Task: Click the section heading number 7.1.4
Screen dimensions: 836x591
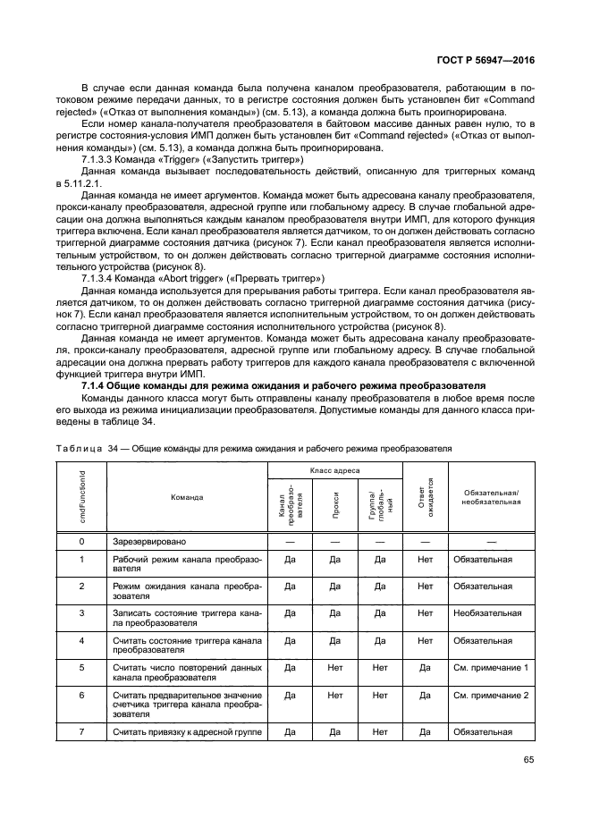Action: [x=98, y=385]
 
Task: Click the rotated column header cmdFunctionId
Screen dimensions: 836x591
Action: [x=82, y=496]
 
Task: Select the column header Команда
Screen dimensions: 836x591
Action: [x=187, y=497]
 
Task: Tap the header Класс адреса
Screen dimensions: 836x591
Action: [x=334, y=469]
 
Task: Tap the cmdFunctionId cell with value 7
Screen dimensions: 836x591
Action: [x=81, y=732]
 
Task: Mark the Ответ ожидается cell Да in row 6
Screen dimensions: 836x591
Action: [x=425, y=695]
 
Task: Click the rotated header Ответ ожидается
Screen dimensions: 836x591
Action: [x=425, y=498]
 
